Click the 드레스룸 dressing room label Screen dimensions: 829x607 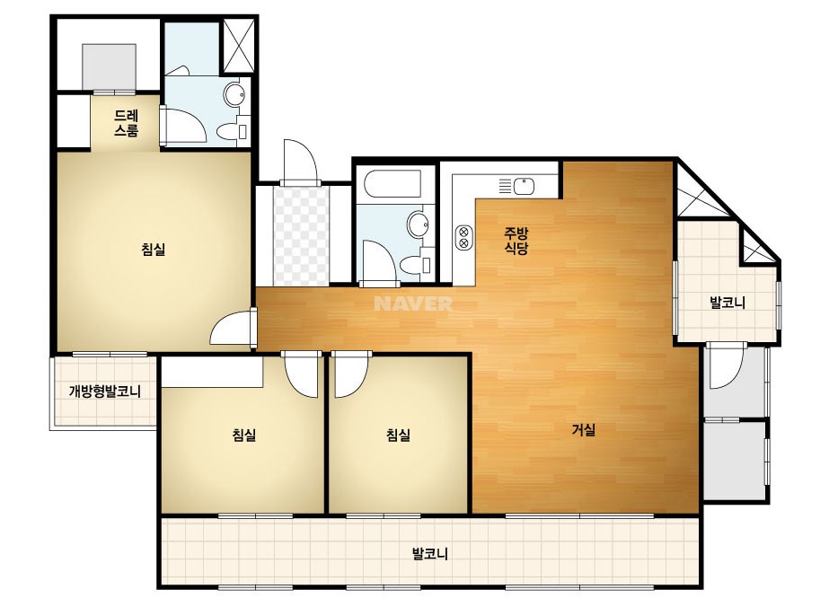tap(127, 123)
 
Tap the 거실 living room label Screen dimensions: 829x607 tap(584, 430)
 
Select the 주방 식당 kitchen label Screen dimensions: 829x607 tap(516, 241)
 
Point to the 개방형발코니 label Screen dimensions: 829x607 tap(105, 391)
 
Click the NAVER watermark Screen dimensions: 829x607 tap(413, 303)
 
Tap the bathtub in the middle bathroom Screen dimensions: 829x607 tap(392, 183)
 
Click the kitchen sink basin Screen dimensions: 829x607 tap(524, 186)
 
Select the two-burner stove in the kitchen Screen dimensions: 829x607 tap(463, 237)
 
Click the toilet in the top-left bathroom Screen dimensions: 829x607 tap(232, 130)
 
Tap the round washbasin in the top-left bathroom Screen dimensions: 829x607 tap(234, 94)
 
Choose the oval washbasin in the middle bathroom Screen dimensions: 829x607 tap(419, 224)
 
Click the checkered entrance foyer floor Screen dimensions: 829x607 tap(302, 235)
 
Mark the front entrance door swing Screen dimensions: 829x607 tap(300, 162)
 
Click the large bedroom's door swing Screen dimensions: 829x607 tap(232, 328)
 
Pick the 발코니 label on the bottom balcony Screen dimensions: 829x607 tap(430, 554)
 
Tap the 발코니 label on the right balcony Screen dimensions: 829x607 tap(728, 303)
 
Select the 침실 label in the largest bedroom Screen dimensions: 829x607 tap(154, 249)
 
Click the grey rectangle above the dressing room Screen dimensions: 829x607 tap(110, 67)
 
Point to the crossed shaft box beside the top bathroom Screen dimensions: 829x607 tap(237, 46)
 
